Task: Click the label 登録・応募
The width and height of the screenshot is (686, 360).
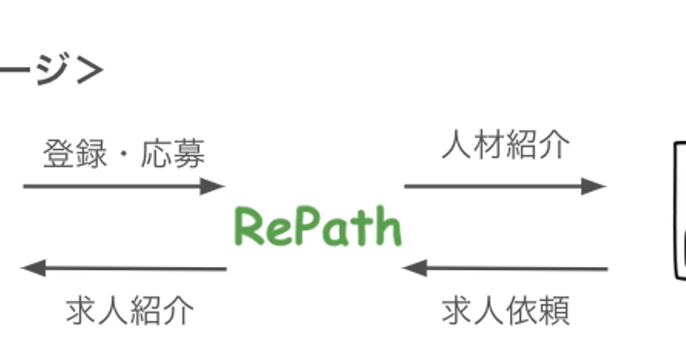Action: [x=124, y=155]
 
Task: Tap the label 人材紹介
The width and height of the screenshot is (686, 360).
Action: [x=506, y=145]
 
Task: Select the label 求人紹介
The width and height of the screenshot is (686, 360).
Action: [x=130, y=311]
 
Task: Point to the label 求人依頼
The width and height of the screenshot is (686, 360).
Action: [x=506, y=311]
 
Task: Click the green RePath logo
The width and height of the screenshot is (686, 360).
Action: [x=318, y=227]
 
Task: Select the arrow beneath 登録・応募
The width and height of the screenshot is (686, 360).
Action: [x=123, y=186]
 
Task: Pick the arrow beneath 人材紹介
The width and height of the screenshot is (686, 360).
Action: [x=504, y=186]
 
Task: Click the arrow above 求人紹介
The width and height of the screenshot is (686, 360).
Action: [x=124, y=268]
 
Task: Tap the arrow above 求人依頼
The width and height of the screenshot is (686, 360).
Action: [x=504, y=268]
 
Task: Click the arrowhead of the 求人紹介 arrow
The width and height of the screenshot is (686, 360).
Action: [x=33, y=268]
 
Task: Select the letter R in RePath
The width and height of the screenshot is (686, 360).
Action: [x=248, y=227]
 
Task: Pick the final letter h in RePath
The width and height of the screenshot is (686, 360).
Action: [x=389, y=227]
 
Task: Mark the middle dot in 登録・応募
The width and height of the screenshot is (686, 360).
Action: [x=124, y=155]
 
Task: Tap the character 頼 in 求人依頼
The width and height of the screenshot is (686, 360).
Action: [x=554, y=311]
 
